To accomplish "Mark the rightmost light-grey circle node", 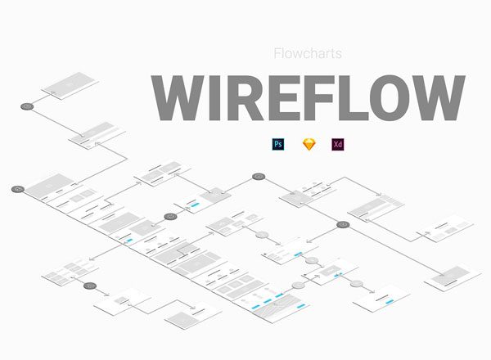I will click(357, 284).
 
